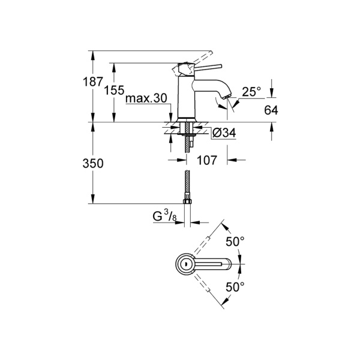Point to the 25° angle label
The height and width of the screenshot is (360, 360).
(251, 91)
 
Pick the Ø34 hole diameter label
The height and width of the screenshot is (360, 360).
(224, 133)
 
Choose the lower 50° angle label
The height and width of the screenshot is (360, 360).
(235, 287)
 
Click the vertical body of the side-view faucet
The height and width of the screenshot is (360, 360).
(186, 99)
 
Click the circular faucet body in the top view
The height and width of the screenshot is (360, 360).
(186, 263)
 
